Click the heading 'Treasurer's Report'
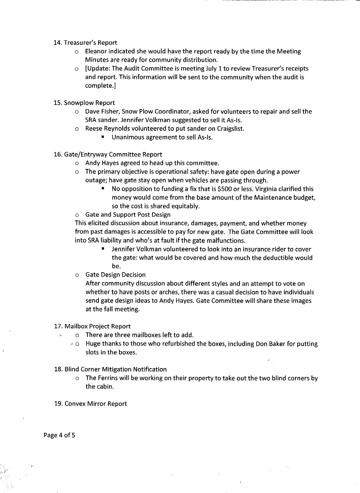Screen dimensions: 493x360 tap(90, 43)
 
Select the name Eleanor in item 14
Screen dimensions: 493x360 tap(96, 51)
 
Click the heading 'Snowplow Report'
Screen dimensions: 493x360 tap(89, 103)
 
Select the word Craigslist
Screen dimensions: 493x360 tap(230, 129)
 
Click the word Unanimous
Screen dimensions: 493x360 tap(126, 137)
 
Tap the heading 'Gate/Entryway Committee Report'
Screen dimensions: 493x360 tap(113, 154)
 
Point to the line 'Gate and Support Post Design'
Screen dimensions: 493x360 tap(128, 215)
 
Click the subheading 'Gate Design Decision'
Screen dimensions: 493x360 tap(115, 275)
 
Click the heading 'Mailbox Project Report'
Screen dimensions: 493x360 tap(97, 326)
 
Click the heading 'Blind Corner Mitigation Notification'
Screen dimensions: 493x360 tap(115, 369)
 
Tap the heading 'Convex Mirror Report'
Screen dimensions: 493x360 tap(96, 404)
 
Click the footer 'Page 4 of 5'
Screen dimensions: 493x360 tap(59, 435)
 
